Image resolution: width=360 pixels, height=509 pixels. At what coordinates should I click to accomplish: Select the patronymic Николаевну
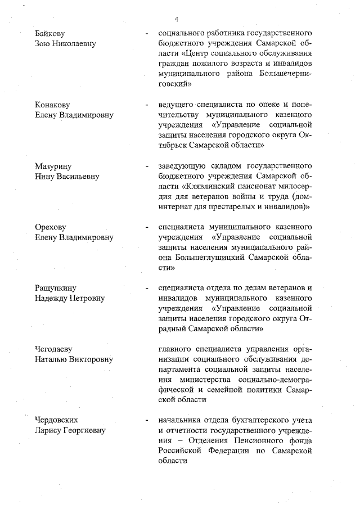(75, 43)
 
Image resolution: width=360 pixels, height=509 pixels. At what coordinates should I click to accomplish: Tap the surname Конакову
(53, 105)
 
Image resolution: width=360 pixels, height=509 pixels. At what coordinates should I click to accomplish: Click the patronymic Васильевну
(77, 176)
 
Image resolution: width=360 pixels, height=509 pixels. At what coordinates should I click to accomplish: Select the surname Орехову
(50, 227)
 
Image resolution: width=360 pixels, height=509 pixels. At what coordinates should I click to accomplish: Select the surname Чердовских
(56, 420)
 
